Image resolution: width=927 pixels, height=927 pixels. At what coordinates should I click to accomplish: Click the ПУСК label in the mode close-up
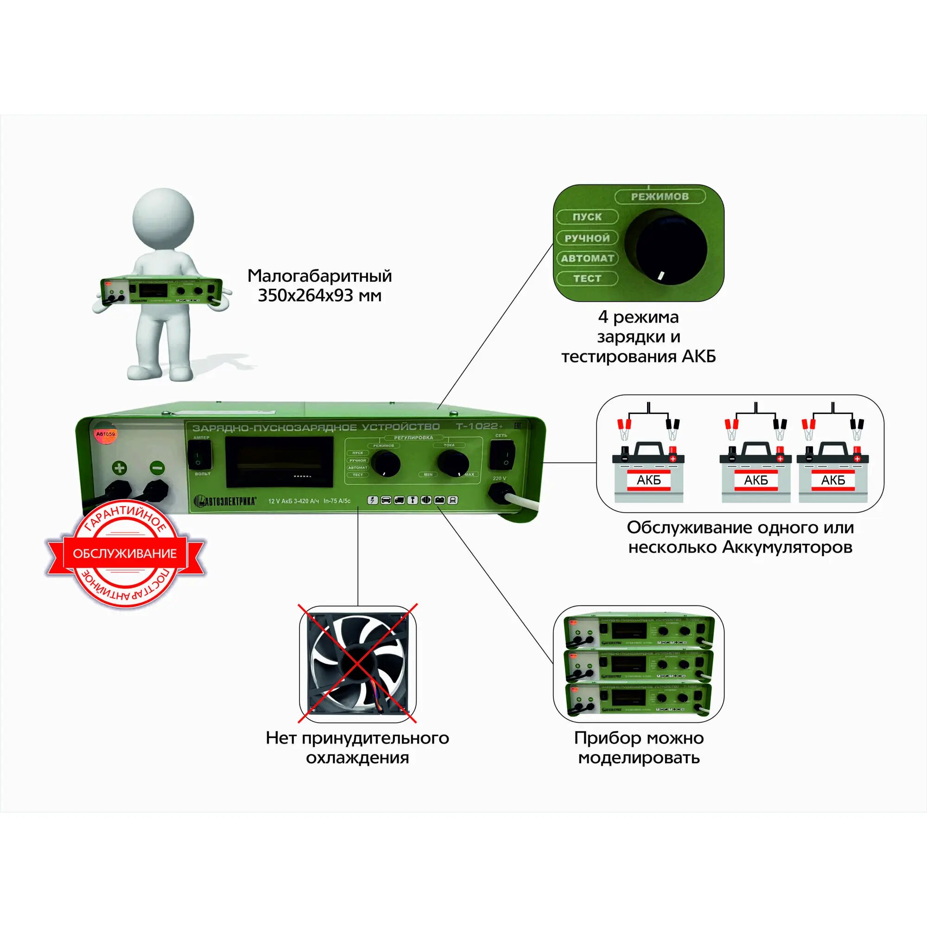(587, 217)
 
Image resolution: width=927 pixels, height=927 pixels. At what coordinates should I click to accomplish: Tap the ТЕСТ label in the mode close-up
(587, 278)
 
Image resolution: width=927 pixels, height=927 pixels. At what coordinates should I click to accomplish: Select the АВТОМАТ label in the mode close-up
(587, 258)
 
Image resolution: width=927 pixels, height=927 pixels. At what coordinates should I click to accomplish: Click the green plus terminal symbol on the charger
(120, 467)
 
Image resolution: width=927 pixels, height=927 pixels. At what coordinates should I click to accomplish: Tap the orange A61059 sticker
(106, 434)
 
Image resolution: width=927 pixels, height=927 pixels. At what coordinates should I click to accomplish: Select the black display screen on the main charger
(279, 462)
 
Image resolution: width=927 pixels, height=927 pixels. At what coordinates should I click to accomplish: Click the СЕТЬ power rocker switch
(502, 455)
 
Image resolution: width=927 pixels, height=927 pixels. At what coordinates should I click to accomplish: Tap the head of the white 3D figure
(163, 218)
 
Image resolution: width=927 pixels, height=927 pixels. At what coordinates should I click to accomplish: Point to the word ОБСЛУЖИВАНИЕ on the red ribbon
(125, 553)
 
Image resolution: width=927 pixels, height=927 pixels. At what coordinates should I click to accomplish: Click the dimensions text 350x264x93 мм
(319, 295)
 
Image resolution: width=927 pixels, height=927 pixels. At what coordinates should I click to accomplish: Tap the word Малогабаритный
(319, 275)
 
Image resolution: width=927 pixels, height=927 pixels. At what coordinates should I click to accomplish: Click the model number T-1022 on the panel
(478, 426)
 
